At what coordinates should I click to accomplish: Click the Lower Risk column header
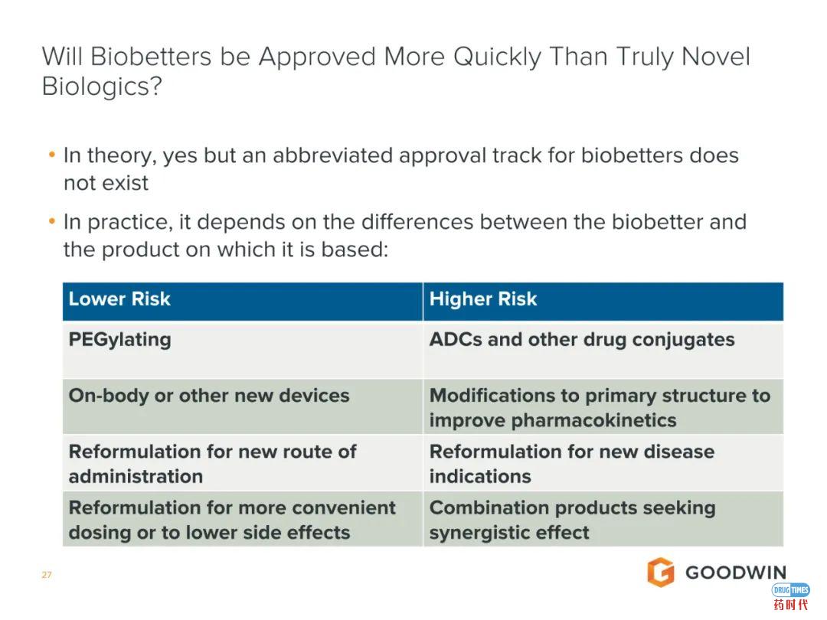point(119,299)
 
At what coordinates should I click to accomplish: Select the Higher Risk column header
point(483,299)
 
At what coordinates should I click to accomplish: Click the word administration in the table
point(136,477)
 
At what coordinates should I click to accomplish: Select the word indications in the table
point(480,477)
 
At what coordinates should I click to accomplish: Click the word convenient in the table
point(344,507)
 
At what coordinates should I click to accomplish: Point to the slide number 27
point(47,575)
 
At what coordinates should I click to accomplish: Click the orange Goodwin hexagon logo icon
point(661,572)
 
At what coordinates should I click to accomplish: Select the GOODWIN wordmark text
point(736,573)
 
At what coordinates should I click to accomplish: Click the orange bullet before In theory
point(52,155)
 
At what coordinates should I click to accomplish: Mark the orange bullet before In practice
point(52,221)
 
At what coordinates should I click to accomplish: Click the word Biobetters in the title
point(151,57)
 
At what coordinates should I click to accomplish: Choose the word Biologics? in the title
point(102,86)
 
